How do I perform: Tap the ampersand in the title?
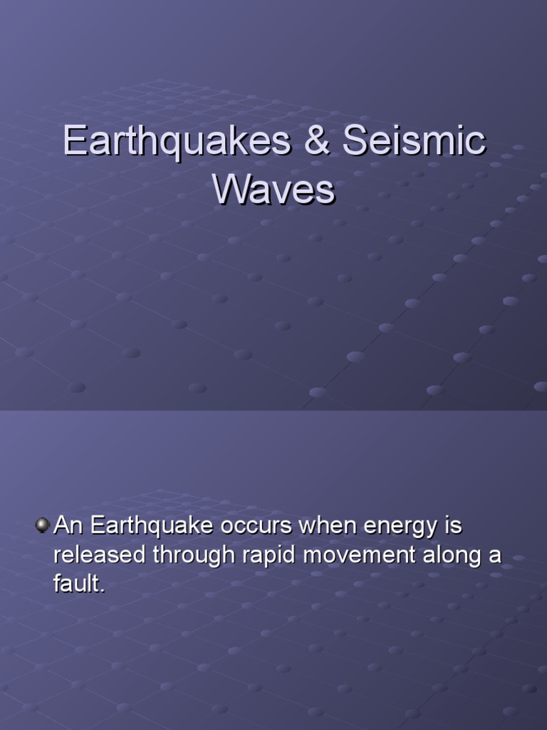(317, 141)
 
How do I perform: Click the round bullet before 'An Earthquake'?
(43, 526)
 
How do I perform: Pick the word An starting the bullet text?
(69, 527)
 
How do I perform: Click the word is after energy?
(453, 527)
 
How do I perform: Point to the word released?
(98, 556)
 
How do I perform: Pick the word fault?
(79, 585)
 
